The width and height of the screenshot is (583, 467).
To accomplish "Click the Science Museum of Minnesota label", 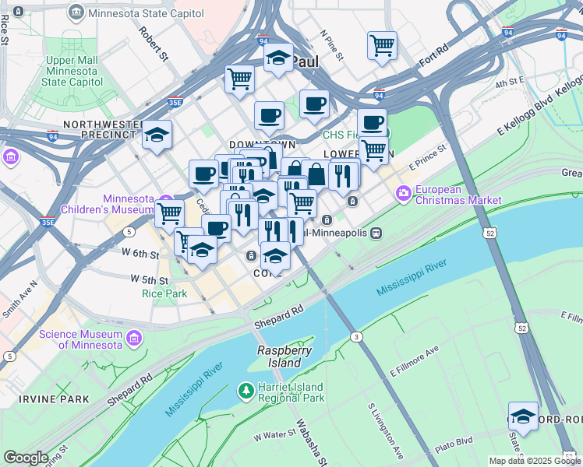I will click(80, 339).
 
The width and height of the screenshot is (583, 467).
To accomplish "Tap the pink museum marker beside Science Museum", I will click(135, 339).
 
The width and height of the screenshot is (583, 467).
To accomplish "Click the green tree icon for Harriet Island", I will click(246, 388).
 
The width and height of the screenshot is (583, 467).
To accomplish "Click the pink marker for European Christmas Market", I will click(403, 191).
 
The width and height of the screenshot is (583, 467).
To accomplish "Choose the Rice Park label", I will click(164, 293).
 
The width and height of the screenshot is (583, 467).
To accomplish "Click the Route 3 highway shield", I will click(356, 336).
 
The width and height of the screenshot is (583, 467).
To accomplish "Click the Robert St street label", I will click(154, 44).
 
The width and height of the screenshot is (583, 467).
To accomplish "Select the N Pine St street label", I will click(332, 45).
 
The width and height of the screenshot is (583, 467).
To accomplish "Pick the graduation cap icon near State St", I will click(523, 415).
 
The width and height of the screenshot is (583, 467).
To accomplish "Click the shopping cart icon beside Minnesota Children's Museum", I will click(169, 212).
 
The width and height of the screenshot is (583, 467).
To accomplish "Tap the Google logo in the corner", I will click(26, 458).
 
